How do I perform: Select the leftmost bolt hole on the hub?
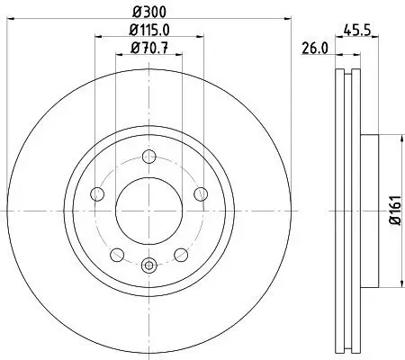96,193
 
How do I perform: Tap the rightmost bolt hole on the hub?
202,193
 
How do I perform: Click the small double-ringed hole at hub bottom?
149,264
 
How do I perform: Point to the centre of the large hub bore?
149,211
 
